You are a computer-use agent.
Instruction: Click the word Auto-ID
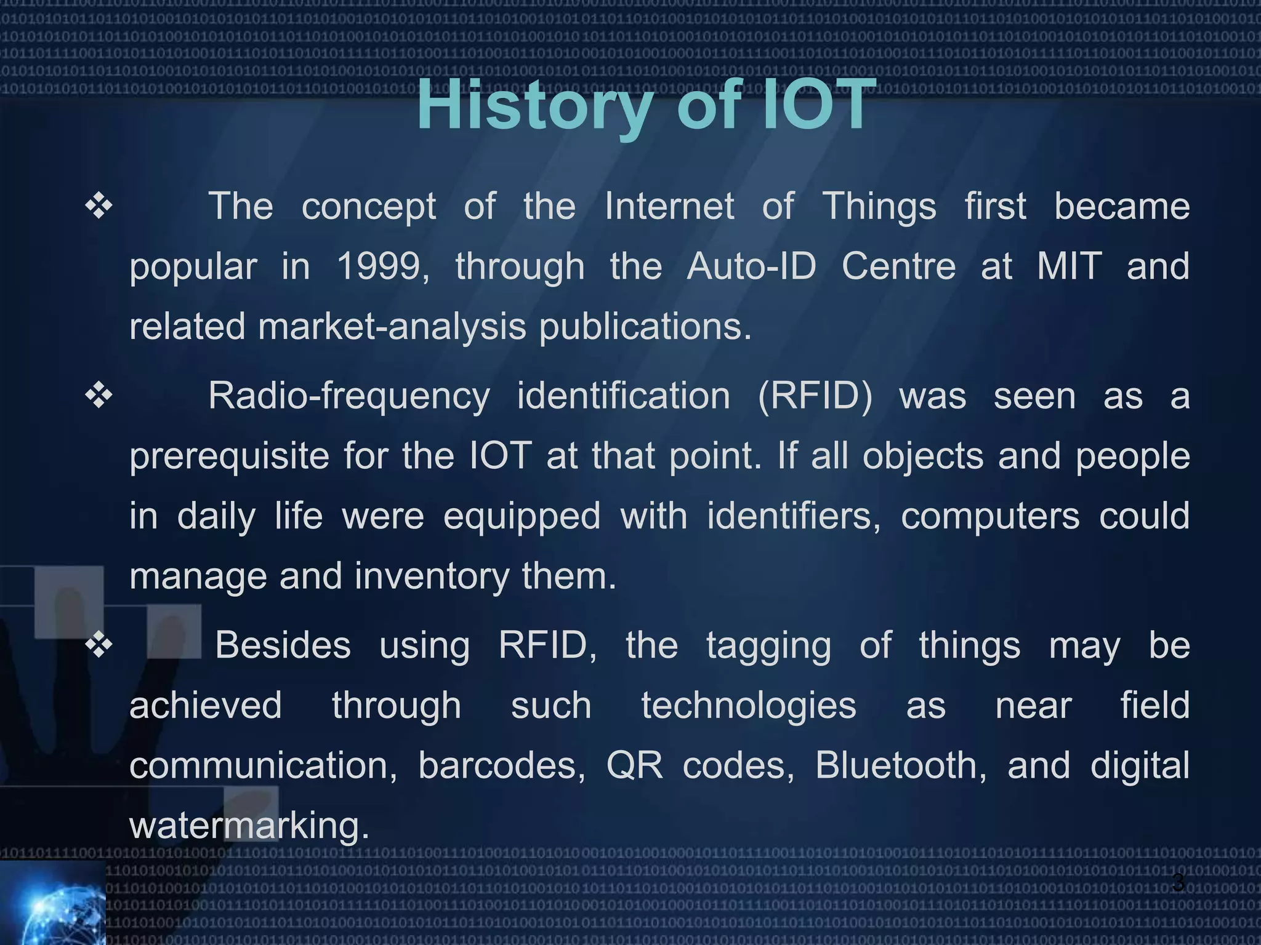pyautogui.click(x=751, y=266)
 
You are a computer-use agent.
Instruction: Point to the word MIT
pyautogui.click(x=1069, y=266)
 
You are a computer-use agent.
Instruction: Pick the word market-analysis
pyautogui.click(x=392, y=326)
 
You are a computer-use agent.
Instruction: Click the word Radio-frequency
pyautogui.click(x=348, y=396)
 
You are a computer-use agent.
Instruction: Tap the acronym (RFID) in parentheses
pyautogui.click(x=815, y=396)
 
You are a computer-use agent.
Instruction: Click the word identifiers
pyautogui.click(x=794, y=516)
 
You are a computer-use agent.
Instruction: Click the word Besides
pyautogui.click(x=283, y=645)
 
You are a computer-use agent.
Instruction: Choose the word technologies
pyautogui.click(x=748, y=705)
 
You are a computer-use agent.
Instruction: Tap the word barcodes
pyautogui.click(x=501, y=765)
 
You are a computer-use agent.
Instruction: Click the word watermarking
pyautogui.click(x=249, y=825)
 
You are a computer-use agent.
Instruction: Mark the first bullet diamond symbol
pyautogui.click(x=99, y=207)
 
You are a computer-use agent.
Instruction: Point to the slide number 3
pyautogui.click(x=1177, y=882)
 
